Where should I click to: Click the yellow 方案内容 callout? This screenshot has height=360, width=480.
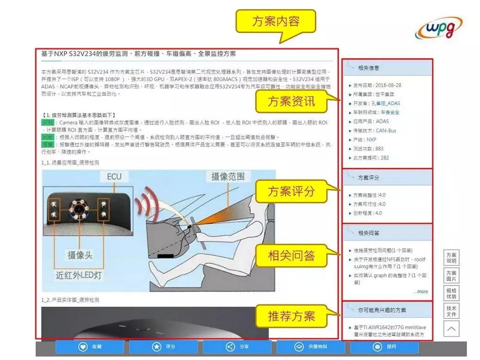pyautogui.click(x=276, y=22)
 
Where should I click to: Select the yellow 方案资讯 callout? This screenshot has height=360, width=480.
pyautogui.click(x=291, y=101)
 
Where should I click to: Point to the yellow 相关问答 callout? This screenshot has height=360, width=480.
pyautogui.click(x=291, y=255)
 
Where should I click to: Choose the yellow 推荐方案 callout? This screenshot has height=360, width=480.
pyautogui.click(x=291, y=317)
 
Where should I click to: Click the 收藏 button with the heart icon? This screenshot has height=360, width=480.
pyautogui.click(x=90, y=347)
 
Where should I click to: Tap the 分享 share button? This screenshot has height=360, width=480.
pyautogui.click(x=237, y=347)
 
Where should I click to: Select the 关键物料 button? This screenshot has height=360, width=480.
pyautogui.click(x=311, y=347)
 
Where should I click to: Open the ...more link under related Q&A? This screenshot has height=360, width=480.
pyautogui.click(x=420, y=292)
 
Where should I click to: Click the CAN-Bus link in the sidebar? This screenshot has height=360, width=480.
pyautogui.click(x=386, y=130)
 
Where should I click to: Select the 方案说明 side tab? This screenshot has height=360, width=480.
pyautogui.click(x=451, y=258)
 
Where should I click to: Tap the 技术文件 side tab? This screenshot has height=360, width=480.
pyautogui.click(x=451, y=311)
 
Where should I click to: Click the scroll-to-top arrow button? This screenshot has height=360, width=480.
pyautogui.click(x=451, y=329)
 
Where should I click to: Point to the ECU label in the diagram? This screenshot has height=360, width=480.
pyautogui.click(x=114, y=177)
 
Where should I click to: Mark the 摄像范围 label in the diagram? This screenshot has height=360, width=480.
pyautogui.click(x=231, y=176)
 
